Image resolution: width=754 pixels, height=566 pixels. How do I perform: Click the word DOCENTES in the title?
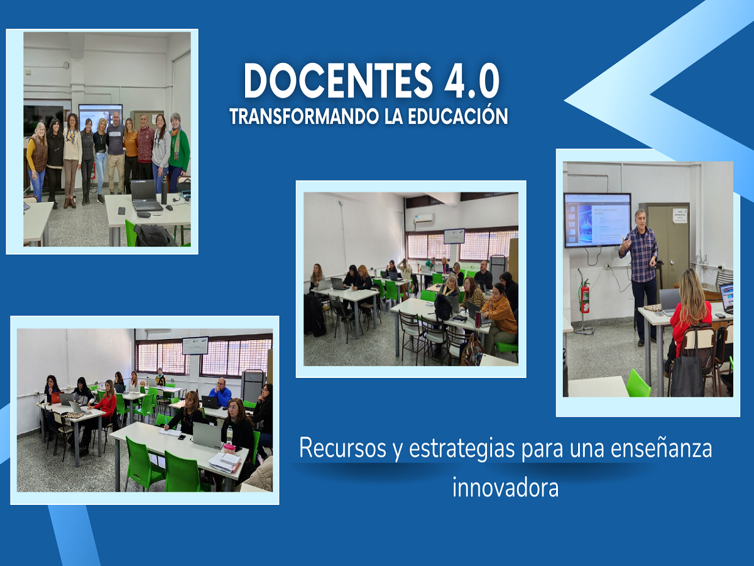(x=338, y=80)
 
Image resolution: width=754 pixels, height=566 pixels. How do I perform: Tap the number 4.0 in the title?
(x=472, y=80)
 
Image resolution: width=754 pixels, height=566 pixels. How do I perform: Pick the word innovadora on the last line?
(x=505, y=487)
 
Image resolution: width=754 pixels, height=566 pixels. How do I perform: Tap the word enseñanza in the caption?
(x=661, y=448)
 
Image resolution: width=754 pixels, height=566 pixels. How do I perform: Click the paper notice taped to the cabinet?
(x=680, y=216)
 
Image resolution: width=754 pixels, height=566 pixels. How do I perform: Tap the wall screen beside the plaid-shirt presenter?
(x=598, y=220)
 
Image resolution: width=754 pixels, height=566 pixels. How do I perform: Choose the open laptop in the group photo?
(x=146, y=195)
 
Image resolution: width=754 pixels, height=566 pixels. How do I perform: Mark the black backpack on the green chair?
(x=154, y=235)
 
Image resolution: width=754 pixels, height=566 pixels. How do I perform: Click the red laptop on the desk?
(x=57, y=397)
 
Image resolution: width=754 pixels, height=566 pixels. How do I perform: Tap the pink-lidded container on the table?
(x=229, y=448)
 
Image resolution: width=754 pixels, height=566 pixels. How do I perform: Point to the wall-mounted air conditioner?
(x=424, y=219)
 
